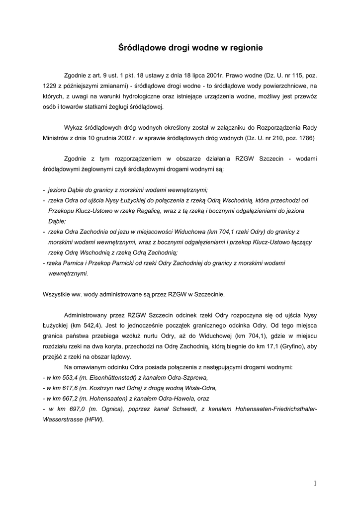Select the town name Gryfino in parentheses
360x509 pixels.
283,346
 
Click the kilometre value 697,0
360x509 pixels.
71,409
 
